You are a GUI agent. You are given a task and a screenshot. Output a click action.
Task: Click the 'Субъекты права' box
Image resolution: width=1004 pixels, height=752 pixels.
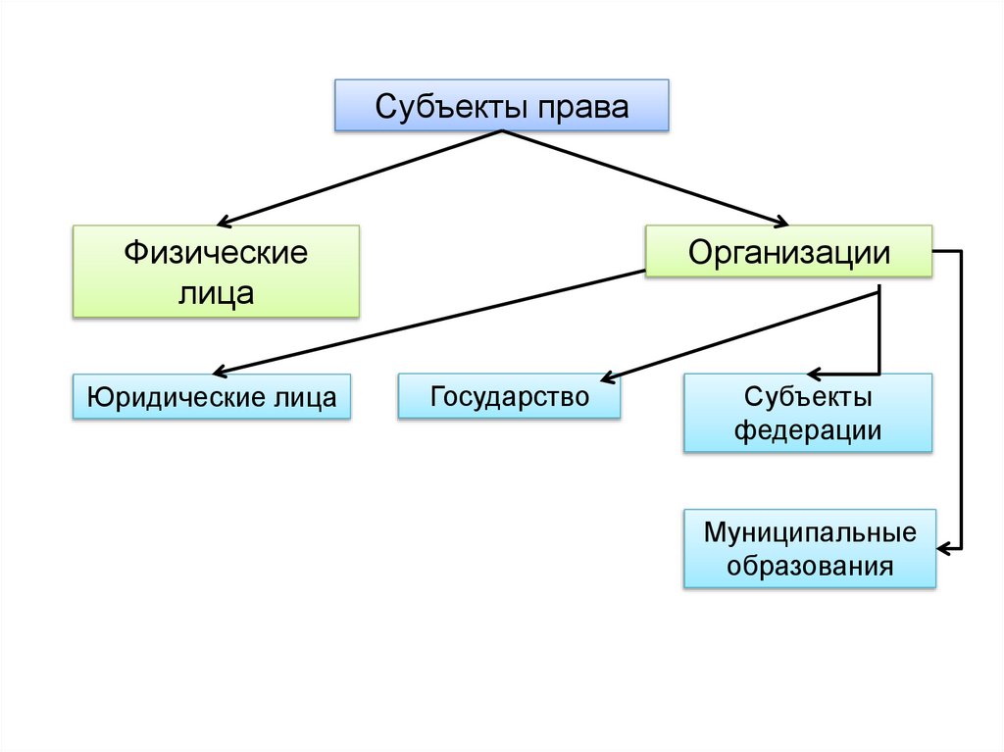click(502, 106)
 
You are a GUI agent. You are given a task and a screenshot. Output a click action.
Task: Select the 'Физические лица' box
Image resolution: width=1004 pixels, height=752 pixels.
click(216, 272)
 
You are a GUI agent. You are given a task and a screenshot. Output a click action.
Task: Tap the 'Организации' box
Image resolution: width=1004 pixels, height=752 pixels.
click(788, 252)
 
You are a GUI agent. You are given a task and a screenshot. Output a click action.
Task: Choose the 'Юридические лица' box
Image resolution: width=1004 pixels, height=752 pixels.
click(212, 397)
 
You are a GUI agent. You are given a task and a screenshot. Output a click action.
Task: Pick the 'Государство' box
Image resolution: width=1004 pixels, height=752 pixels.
click(509, 396)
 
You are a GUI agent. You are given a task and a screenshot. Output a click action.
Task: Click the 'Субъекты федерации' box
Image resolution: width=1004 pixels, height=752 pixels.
click(807, 413)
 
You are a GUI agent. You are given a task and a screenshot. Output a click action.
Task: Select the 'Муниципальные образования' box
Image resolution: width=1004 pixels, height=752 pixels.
click(809, 549)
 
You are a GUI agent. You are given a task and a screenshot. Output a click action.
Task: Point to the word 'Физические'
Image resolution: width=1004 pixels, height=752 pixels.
click(216, 253)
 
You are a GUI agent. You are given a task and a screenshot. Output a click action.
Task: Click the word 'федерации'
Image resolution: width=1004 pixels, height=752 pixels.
click(808, 429)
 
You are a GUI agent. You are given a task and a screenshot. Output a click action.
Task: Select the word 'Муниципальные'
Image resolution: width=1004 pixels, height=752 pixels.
click(809, 532)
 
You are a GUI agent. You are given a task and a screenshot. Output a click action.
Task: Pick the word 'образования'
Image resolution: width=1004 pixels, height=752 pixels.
click(809, 566)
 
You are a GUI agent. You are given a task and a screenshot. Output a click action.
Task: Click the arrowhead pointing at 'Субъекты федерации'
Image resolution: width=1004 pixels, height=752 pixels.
click(813, 374)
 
